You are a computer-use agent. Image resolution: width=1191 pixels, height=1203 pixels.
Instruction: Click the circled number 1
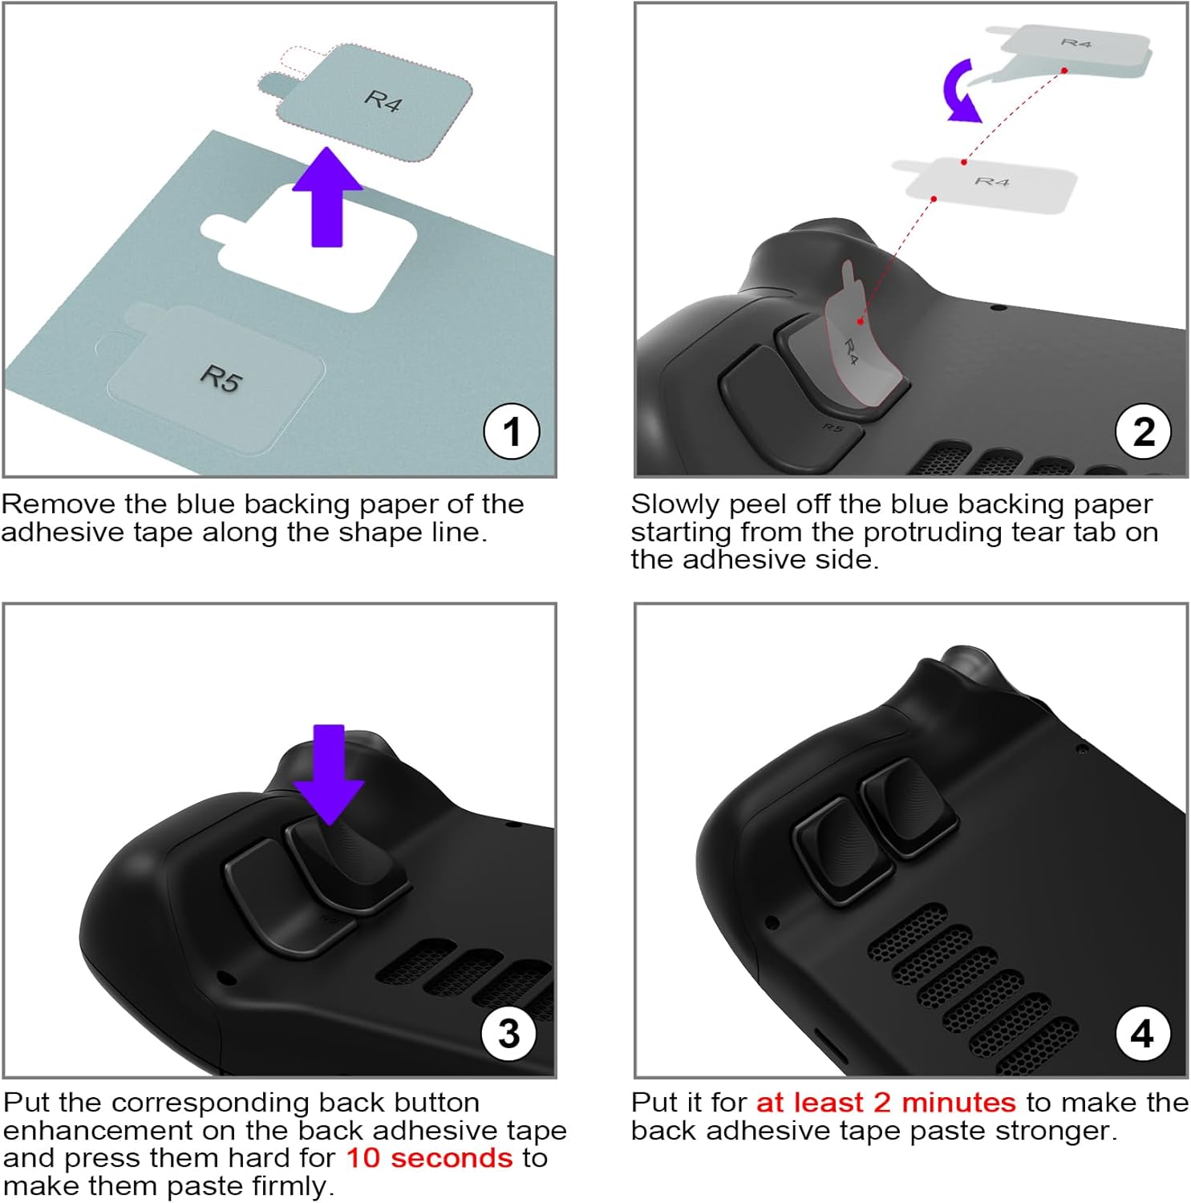[512, 432]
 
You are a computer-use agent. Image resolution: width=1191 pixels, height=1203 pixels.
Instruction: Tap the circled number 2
[1144, 432]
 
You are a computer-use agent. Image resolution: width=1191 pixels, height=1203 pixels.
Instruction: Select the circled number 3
[509, 1034]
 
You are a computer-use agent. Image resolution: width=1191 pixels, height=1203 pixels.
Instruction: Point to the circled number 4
[1143, 1034]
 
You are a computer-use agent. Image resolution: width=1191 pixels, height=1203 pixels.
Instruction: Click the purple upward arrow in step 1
[326, 200]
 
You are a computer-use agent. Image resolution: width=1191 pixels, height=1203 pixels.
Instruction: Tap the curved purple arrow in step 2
[960, 92]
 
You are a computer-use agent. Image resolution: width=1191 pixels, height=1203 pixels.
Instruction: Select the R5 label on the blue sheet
[221, 379]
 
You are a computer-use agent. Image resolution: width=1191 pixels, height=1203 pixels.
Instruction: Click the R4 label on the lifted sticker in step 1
[383, 101]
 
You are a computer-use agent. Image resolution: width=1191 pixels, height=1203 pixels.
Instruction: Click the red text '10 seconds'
[429, 1158]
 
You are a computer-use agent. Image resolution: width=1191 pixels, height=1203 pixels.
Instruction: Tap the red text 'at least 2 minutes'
[886, 1103]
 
